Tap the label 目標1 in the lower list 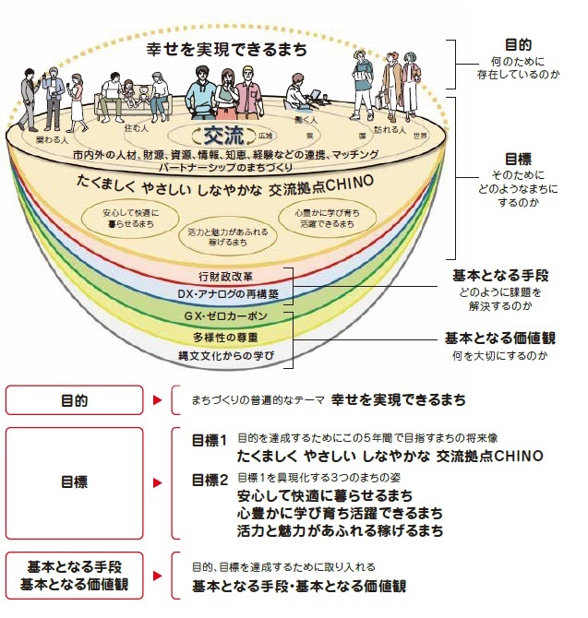(x=209, y=440)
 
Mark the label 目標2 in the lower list (x=209, y=480)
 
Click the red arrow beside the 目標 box (x=156, y=481)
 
